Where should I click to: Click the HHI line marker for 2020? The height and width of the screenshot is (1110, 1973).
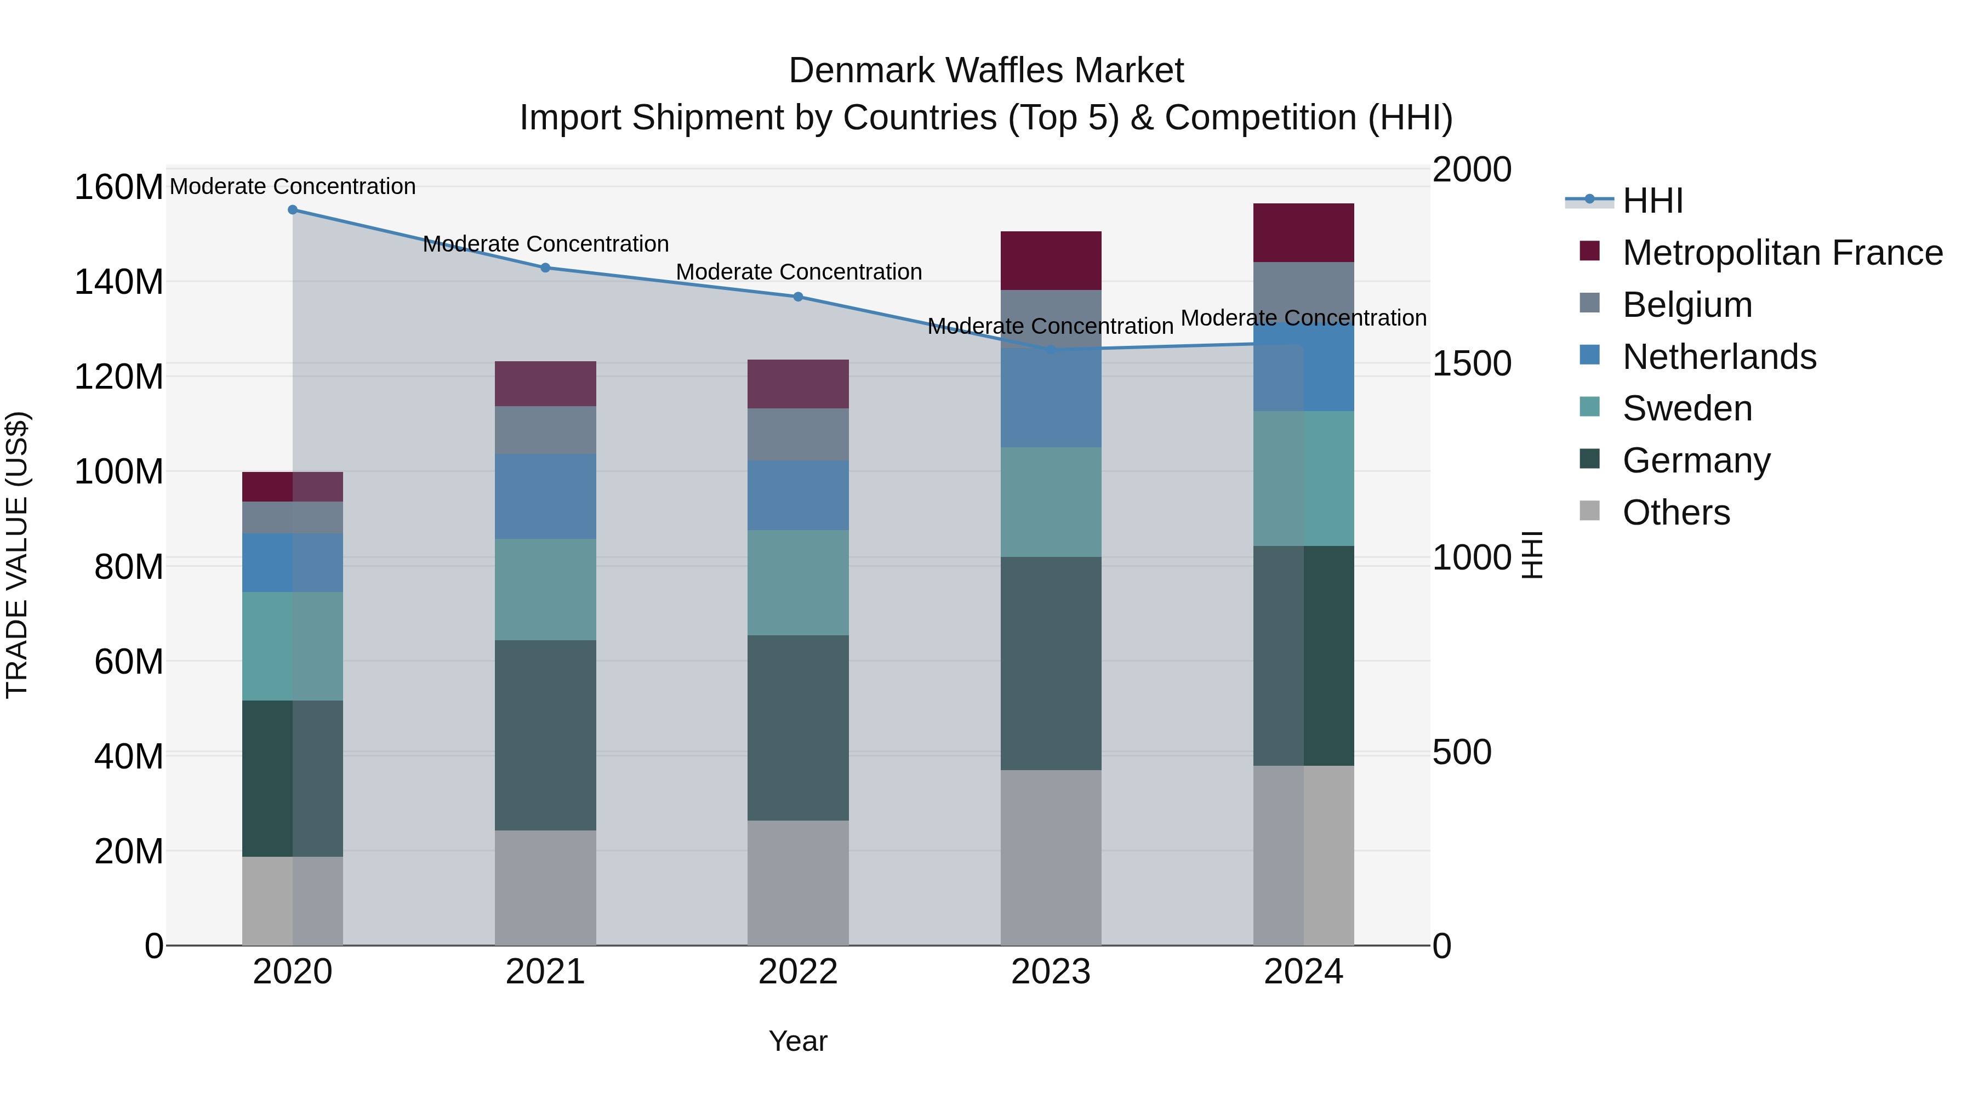point(293,210)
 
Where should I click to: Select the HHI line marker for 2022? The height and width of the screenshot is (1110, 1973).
point(798,297)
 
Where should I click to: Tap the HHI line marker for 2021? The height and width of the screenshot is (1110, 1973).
point(545,268)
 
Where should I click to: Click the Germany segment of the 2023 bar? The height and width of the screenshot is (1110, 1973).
point(1051,663)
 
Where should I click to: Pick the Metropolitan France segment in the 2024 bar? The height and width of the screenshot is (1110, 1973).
point(1304,233)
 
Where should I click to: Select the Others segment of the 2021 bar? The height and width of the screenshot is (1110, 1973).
point(545,888)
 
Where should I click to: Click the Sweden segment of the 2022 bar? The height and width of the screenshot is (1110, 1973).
point(798,582)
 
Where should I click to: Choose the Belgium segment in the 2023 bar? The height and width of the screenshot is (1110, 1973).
point(1051,318)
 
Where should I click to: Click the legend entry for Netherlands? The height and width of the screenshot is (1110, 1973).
point(1719,357)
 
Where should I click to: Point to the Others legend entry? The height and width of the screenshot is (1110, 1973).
point(1676,513)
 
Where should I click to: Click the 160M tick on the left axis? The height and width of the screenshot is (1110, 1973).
point(119,187)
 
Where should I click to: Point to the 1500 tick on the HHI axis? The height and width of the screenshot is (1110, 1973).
point(1472,364)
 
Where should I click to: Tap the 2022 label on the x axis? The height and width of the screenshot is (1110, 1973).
point(798,972)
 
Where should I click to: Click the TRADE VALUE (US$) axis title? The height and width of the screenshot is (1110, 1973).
point(17,555)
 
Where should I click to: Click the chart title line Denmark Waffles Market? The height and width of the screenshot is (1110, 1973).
point(986,71)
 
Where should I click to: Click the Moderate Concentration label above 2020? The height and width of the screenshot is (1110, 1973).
point(293,186)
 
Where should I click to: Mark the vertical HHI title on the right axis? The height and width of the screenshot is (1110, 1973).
point(1532,555)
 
